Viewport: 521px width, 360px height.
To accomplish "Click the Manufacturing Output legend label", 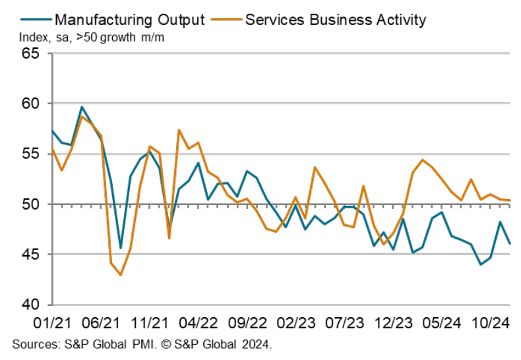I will (129, 19).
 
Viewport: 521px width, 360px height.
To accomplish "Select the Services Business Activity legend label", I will (335, 19).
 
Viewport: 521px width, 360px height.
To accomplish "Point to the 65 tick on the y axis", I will (31, 54).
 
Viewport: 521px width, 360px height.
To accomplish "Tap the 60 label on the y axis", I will (31, 104).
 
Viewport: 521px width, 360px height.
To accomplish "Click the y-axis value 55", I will (31, 154).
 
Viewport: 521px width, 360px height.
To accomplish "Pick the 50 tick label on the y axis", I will (31, 204).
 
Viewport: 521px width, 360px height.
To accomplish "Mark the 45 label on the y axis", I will (31, 255).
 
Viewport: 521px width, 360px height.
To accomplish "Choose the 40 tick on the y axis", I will (31, 305).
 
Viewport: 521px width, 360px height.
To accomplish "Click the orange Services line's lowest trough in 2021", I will (120, 274).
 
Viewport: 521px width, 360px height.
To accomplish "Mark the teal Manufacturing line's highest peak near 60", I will (82, 107).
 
